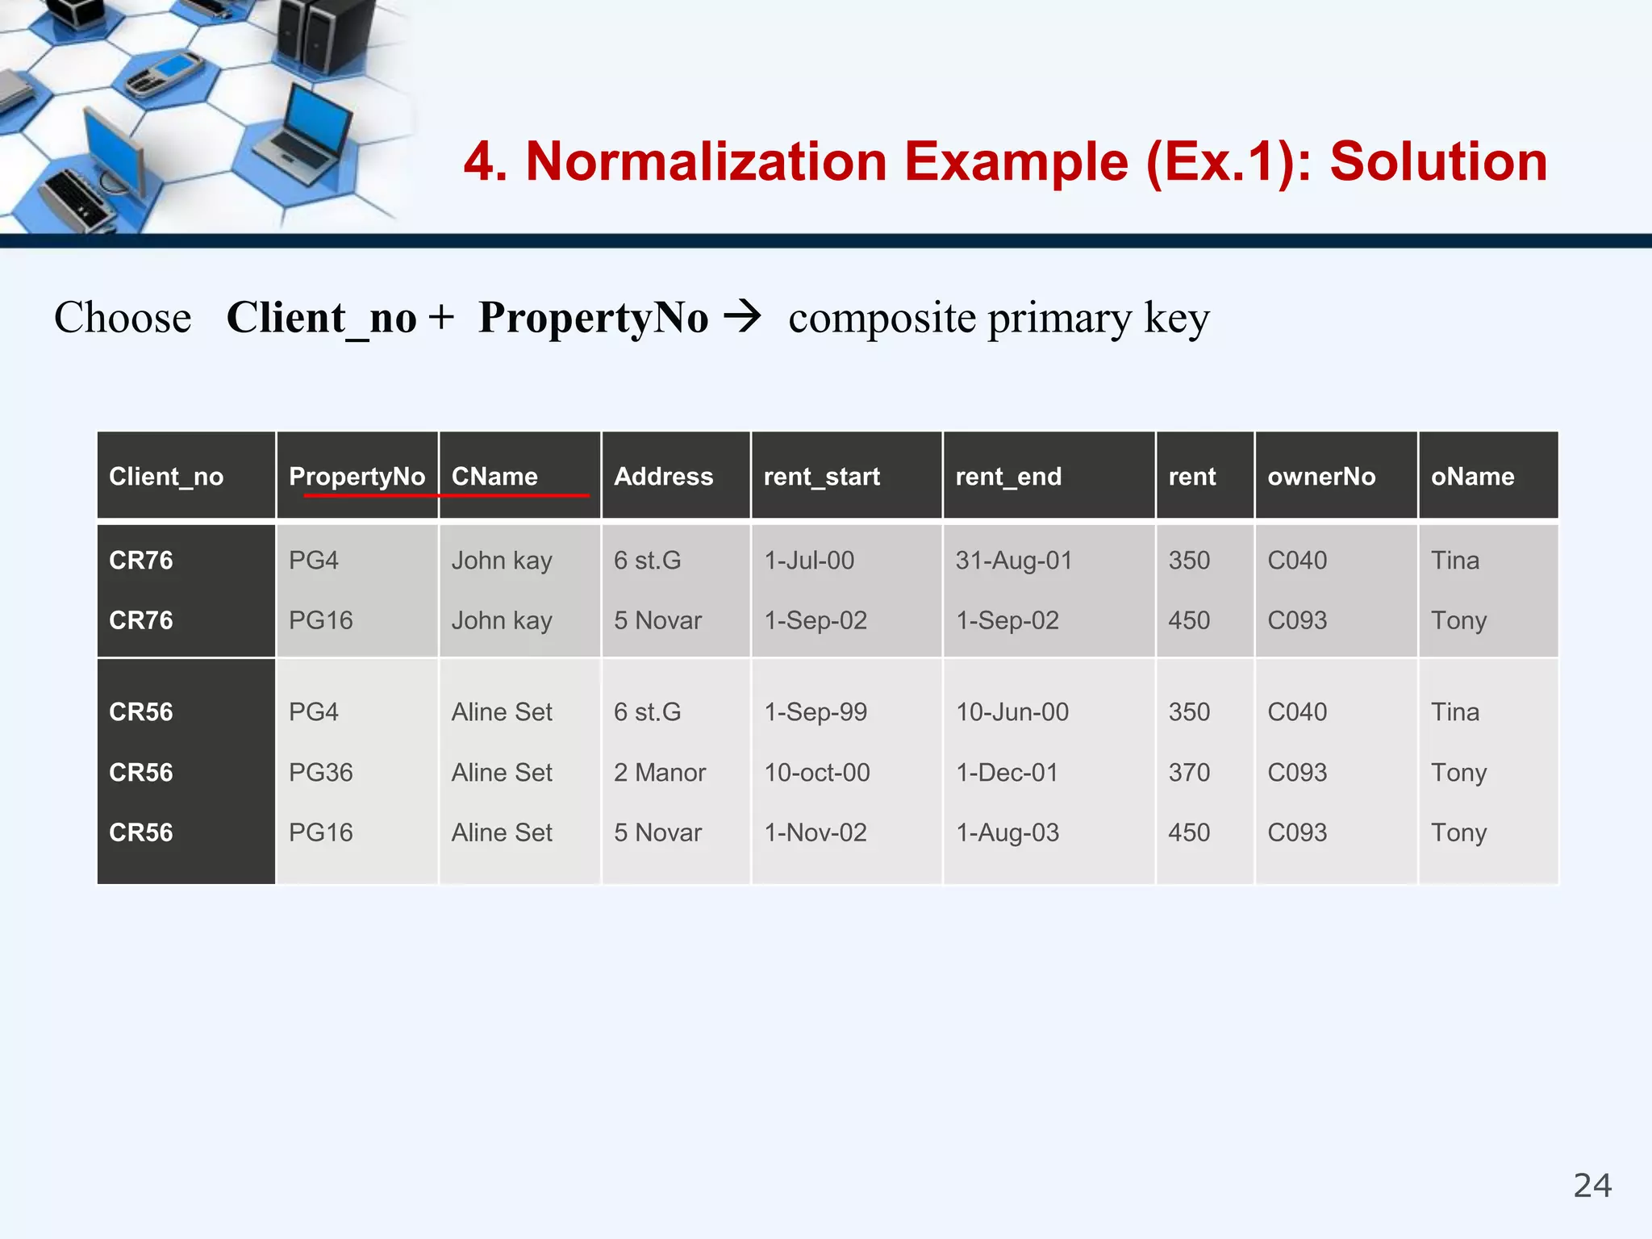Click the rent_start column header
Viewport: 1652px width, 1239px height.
[821, 477]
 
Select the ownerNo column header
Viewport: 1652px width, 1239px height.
[1321, 477]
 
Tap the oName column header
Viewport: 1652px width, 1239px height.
[1472, 477]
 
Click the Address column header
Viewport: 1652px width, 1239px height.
[663, 477]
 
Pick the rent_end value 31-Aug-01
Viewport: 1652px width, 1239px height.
[1014, 561]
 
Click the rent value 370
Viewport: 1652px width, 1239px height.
[1189, 773]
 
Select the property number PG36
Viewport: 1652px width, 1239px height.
[320, 773]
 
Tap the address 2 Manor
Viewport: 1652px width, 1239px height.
[659, 773]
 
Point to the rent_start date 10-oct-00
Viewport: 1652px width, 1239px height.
[816, 773]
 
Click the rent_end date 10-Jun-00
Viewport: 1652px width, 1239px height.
[1012, 712]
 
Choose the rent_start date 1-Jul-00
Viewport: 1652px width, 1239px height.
[808, 561]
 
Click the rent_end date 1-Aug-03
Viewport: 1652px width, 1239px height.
[1007, 832]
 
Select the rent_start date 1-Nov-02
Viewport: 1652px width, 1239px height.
[815, 832]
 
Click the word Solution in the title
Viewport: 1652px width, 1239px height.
[1438, 162]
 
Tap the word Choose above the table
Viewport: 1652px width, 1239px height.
[123, 318]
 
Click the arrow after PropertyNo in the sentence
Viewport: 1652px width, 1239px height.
[742, 316]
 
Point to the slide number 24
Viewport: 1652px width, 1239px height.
[1592, 1186]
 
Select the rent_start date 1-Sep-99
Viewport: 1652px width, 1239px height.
[815, 712]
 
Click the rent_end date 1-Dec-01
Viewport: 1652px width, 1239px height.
[1006, 773]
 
